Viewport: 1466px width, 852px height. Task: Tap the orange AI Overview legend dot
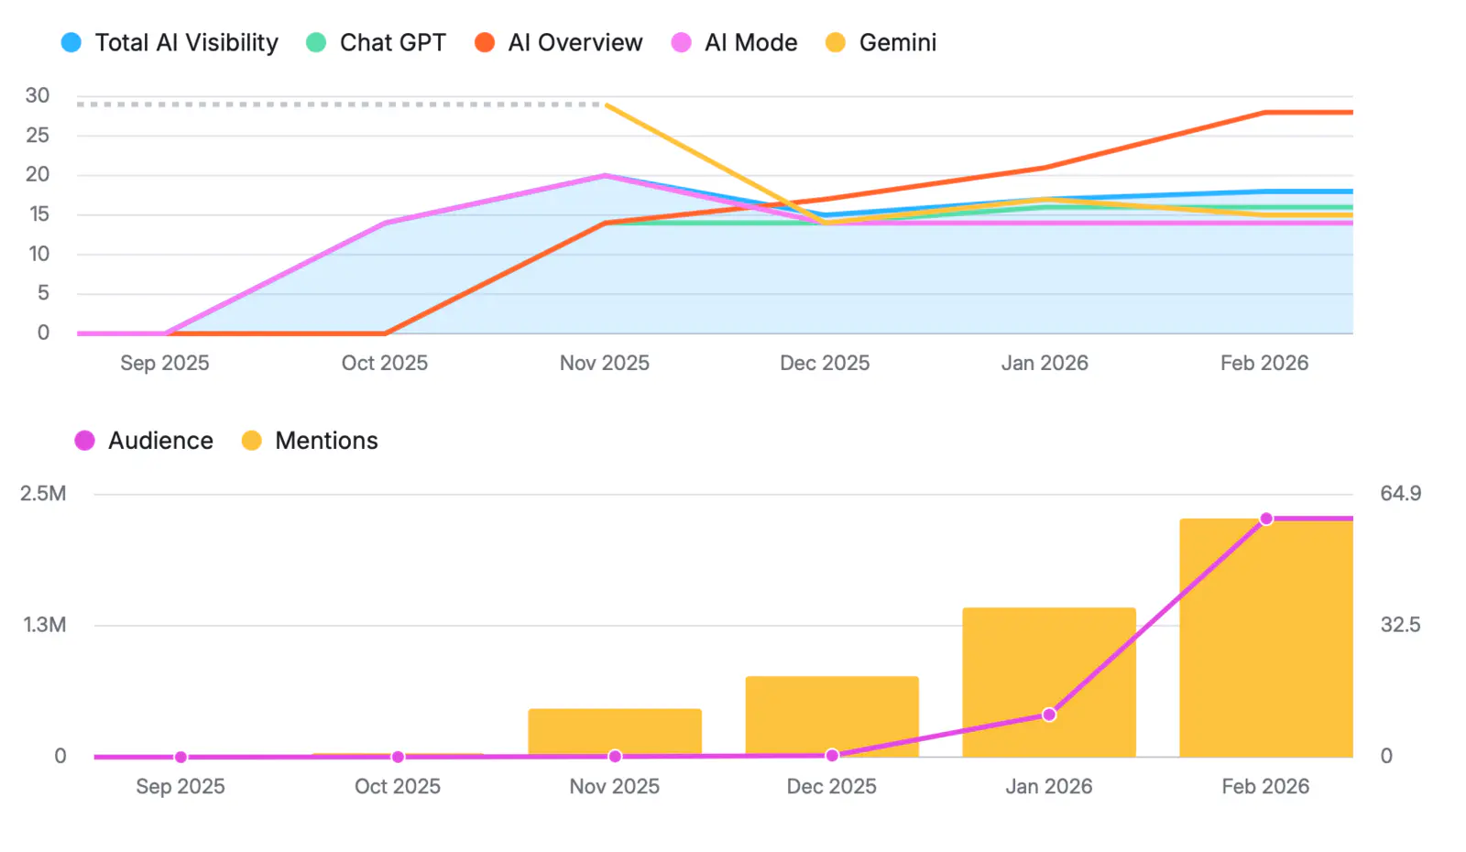[x=485, y=43]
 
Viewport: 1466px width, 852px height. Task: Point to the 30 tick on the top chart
[x=38, y=95]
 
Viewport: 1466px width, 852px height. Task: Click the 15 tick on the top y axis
[x=38, y=214]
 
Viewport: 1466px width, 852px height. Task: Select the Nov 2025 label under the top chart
[x=604, y=363]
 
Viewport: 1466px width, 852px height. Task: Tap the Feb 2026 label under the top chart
[x=1264, y=363]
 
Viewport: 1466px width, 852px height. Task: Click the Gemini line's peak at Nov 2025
[x=607, y=105]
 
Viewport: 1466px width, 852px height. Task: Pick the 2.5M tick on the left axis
[x=43, y=494]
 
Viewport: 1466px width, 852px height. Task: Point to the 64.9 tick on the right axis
[x=1400, y=494]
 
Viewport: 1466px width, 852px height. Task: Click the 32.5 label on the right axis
[x=1400, y=625]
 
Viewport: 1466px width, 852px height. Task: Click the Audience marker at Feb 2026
[x=1266, y=519]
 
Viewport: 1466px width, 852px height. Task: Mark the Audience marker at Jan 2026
[x=1049, y=715]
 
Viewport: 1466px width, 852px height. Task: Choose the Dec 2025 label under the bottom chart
[x=831, y=786]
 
